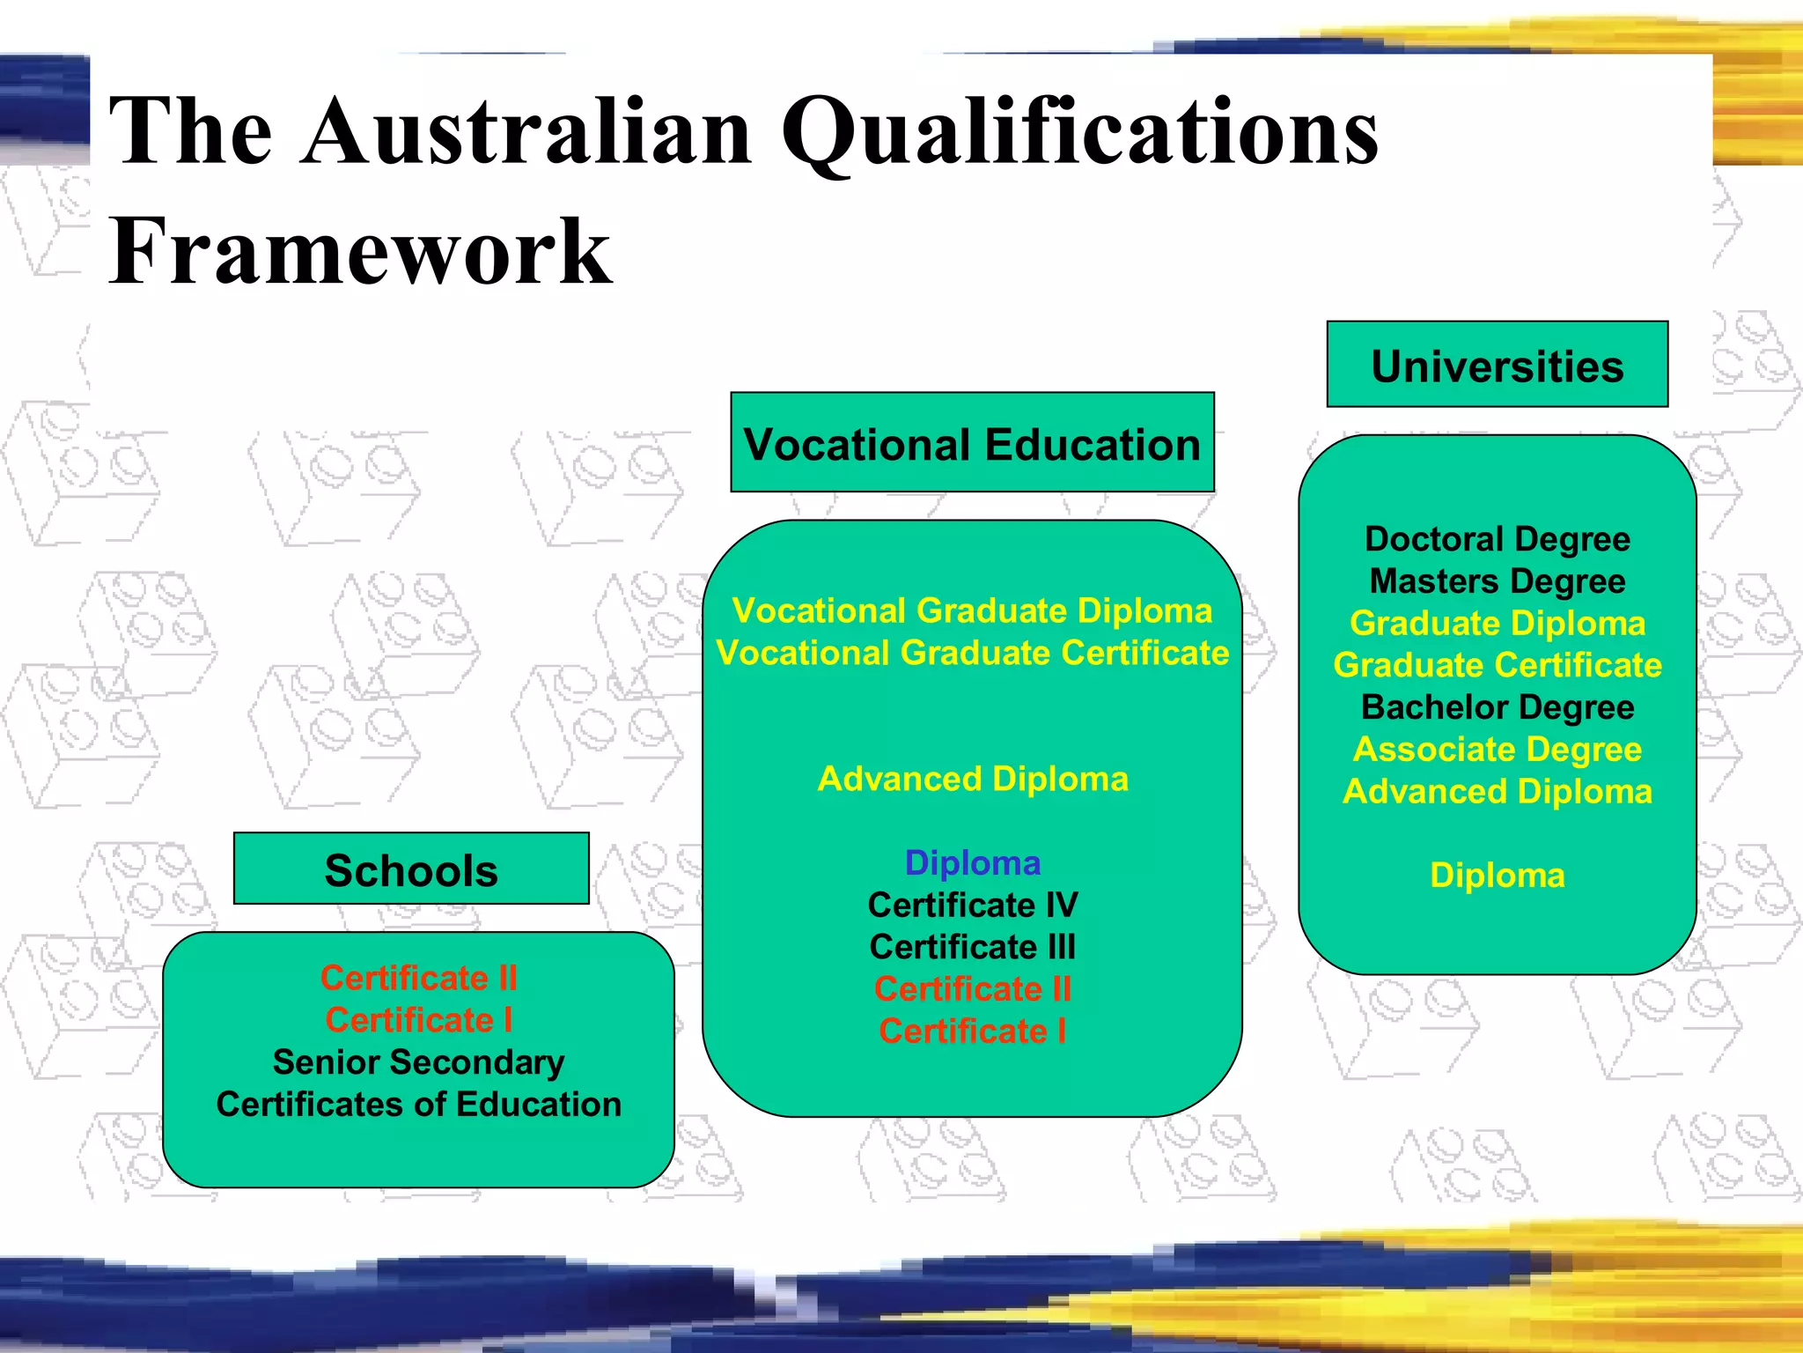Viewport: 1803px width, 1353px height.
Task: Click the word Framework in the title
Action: pos(359,253)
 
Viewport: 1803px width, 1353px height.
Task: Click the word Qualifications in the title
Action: pos(1079,132)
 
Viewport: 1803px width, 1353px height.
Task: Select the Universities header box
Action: pos(1497,365)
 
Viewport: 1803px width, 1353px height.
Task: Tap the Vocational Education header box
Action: pos(972,443)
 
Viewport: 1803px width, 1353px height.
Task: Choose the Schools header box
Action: pos(411,869)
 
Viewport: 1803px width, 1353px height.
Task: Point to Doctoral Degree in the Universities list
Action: pos(1497,539)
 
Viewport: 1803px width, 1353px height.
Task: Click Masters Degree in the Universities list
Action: pos(1497,581)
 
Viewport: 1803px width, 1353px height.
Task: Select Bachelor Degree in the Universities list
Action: pos(1497,707)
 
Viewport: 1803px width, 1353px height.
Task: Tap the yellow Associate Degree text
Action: pos(1497,750)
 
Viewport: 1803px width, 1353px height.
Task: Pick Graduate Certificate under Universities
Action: pos(1497,665)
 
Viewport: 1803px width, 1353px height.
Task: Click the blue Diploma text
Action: pos(972,862)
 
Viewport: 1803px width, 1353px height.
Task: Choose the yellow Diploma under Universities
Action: pos(1497,876)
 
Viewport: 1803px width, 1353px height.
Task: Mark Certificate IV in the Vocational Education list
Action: pos(972,905)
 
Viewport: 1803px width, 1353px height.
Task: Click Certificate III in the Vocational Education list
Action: pos(972,947)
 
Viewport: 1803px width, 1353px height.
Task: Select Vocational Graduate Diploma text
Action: pos(972,610)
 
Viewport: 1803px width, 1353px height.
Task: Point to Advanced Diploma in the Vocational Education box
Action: pos(972,779)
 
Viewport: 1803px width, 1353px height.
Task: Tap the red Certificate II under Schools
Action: pos(418,978)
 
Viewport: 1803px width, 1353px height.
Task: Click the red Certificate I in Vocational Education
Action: pos(972,1031)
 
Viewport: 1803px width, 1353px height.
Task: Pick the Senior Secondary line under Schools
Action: pos(418,1062)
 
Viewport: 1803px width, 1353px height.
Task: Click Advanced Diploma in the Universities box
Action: pos(1497,792)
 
